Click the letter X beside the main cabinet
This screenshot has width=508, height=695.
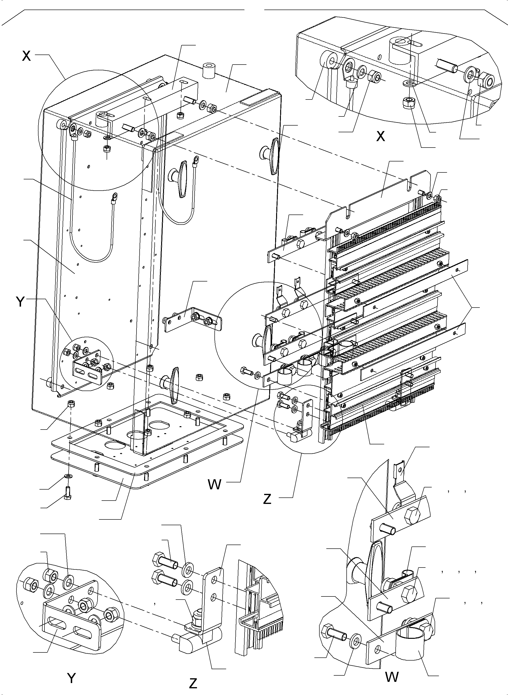[27, 56]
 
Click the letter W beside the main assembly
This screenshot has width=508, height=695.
[214, 485]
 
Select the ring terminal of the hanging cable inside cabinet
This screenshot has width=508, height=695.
[115, 196]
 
